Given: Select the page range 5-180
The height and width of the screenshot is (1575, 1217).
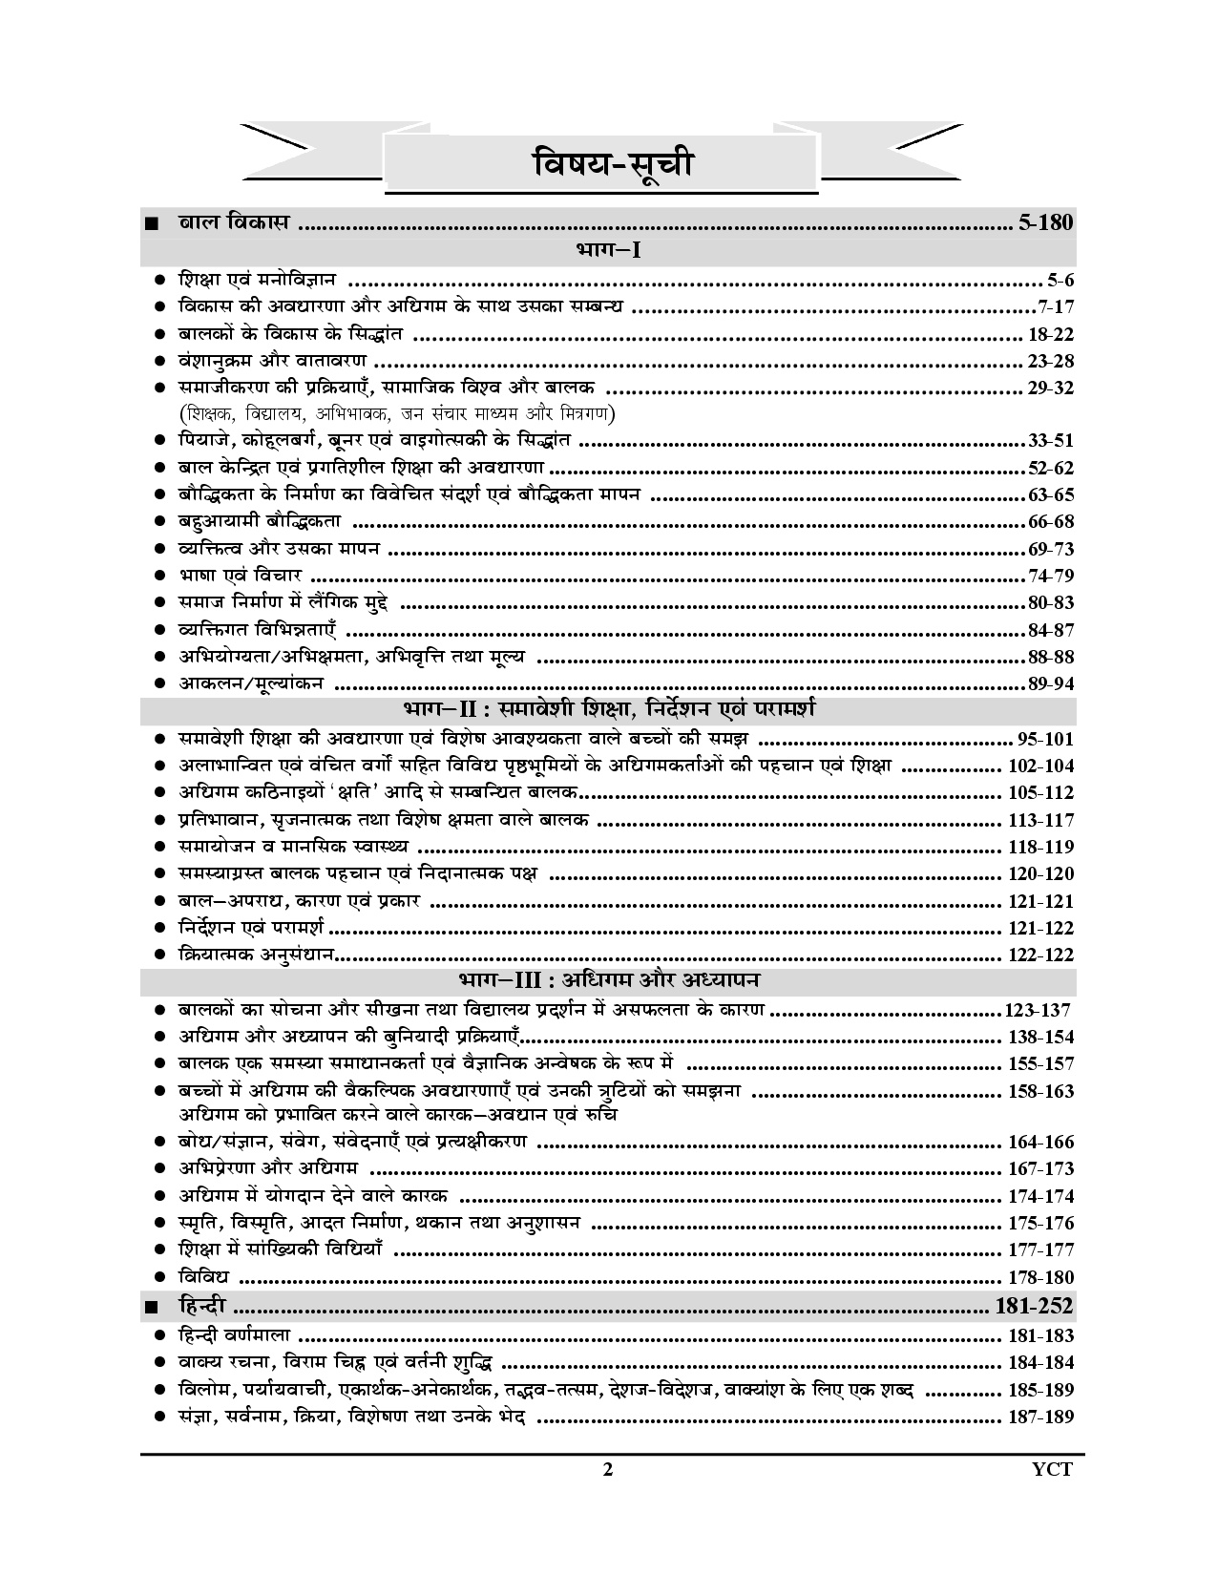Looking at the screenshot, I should click(x=1046, y=224).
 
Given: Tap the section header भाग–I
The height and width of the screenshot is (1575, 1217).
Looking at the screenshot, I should click(x=607, y=252).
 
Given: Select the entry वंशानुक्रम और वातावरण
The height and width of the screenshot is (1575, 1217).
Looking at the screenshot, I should click(x=273, y=361).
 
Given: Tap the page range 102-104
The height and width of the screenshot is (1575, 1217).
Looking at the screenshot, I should click(x=1040, y=766).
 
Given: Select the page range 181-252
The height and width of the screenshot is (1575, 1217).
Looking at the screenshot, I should click(x=1035, y=1306).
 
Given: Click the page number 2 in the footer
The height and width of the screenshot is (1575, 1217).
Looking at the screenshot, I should click(x=607, y=1496).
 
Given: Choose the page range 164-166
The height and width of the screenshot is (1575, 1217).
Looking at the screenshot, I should click(x=1040, y=1142).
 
